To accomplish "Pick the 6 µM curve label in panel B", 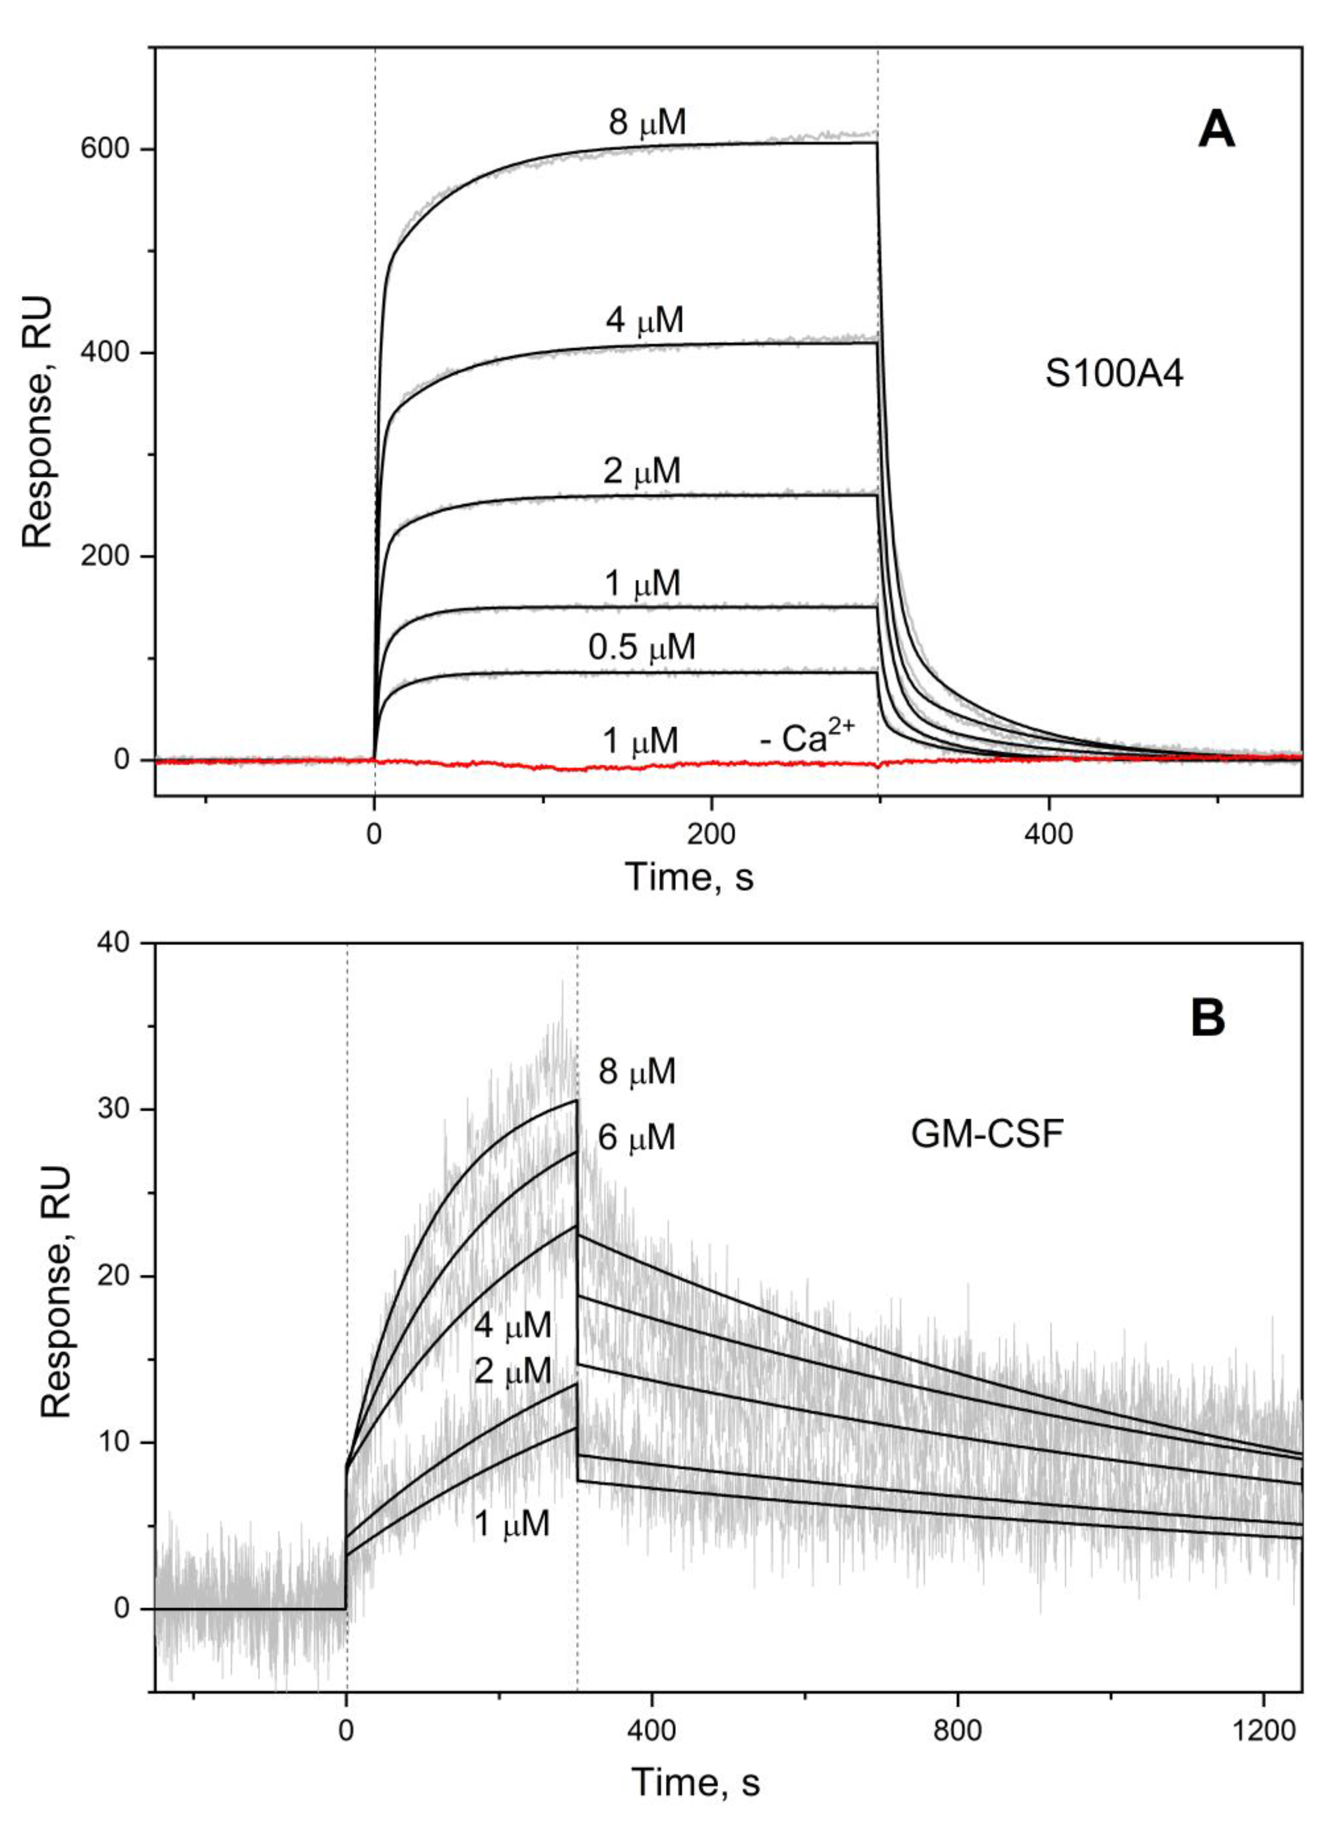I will (636, 1138).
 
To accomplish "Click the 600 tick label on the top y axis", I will (107, 150).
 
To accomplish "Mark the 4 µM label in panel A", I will (645, 320).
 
